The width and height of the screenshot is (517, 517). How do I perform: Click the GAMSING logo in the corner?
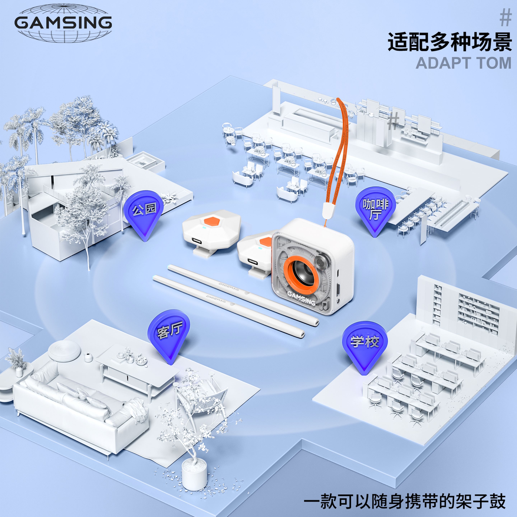(x=63, y=23)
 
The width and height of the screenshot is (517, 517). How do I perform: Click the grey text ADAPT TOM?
(x=464, y=63)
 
